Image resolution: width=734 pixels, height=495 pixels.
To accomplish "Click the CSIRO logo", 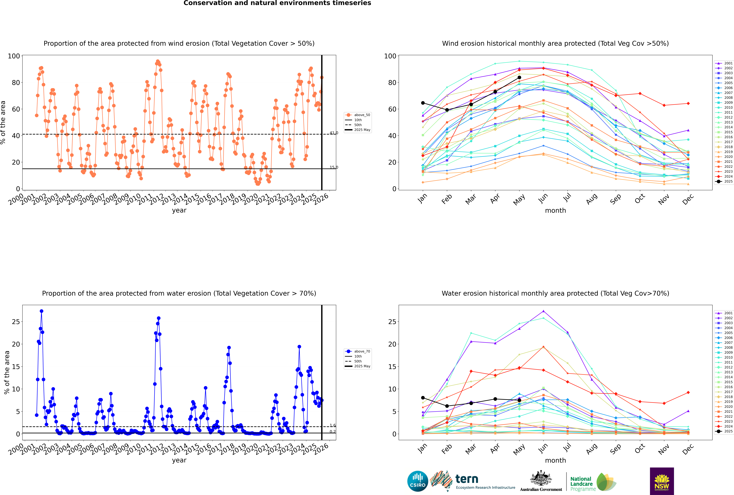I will click(417, 481).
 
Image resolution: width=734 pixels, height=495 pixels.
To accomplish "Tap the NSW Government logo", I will click(662, 481).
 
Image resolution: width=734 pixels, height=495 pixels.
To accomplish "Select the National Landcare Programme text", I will click(581, 484).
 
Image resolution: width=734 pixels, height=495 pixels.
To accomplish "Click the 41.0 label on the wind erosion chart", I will click(334, 133).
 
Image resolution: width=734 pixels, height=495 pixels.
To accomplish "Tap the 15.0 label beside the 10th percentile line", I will click(334, 167).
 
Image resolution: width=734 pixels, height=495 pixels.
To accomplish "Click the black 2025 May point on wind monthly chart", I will click(519, 77).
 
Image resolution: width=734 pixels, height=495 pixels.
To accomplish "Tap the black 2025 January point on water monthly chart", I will click(423, 398).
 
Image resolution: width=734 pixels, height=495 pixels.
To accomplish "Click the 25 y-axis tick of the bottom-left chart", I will click(16, 322).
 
